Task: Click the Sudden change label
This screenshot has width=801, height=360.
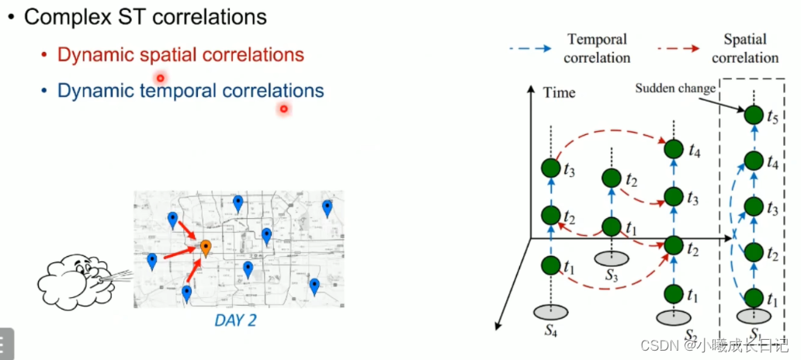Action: tap(675, 88)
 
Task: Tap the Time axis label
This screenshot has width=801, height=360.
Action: tap(559, 93)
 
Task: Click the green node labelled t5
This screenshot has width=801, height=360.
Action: tap(753, 116)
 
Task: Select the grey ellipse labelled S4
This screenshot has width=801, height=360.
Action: tap(551, 311)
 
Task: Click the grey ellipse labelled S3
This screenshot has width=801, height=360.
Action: tap(612, 258)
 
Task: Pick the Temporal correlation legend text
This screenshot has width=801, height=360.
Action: tap(597, 48)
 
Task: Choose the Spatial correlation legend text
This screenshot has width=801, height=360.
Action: tap(744, 48)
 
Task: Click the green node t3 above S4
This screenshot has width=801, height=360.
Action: tap(551, 168)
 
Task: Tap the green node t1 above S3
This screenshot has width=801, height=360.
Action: tap(612, 227)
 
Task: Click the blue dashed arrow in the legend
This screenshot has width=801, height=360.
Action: tap(531, 48)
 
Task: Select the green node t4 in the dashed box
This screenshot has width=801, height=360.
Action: tap(753, 161)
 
